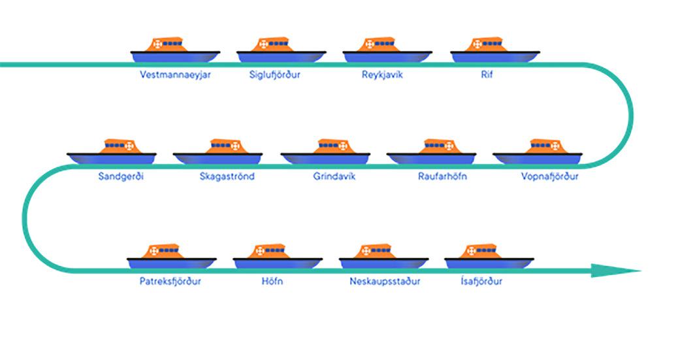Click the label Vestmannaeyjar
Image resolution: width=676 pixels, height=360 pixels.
click(x=175, y=74)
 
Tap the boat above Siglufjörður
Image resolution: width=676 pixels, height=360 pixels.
click(x=282, y=51)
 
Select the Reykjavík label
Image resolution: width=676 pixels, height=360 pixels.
click(x=382, y=74)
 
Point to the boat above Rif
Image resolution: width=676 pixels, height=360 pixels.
click(x=495, y=51)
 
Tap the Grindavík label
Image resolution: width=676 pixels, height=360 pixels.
click(x=334, y=176)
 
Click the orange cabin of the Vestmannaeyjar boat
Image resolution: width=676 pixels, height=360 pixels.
click(x=167, y=44)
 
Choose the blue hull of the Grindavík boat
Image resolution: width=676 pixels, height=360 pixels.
click(x=325, y=159)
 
